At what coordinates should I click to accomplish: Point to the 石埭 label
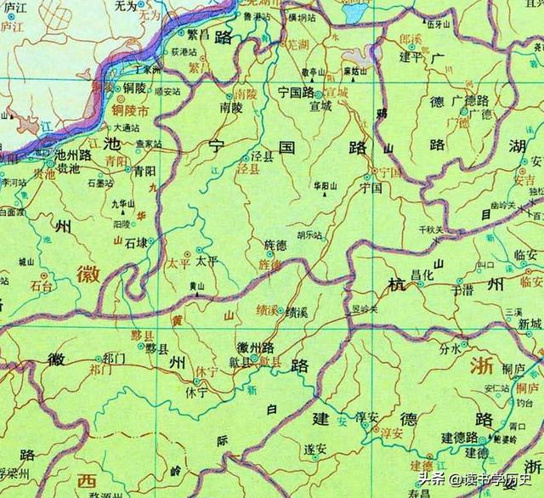tap(137, 242)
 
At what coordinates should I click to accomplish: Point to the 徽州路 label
tap(256, 348)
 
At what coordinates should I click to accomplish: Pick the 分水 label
tap(448, 348)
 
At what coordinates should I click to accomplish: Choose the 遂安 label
tap(316, 448)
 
